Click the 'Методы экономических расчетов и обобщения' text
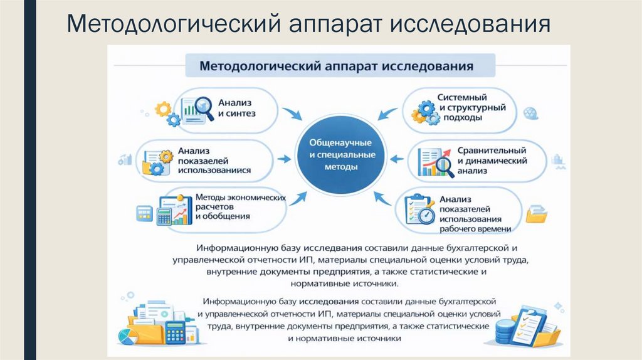(x=240, y=206)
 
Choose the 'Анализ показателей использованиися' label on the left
(x=214, y=160)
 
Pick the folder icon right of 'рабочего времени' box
(x=537, y=214)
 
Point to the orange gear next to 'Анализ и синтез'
(x=163, y=110)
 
